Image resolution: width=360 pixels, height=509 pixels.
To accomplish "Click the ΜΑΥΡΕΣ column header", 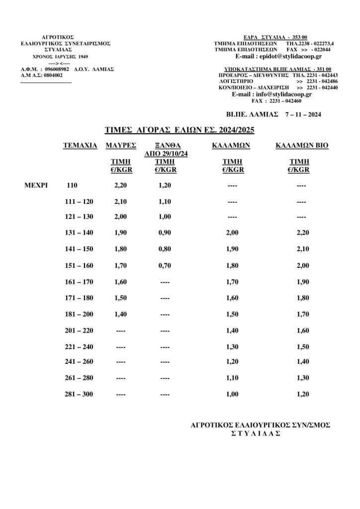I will pos(121,146).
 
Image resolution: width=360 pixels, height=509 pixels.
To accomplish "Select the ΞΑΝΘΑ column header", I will pos(162,146).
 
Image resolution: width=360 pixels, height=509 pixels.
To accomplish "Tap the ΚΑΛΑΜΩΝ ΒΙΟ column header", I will pos(302,146).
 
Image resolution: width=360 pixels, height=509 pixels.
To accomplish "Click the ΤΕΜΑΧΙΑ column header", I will pos(80,146).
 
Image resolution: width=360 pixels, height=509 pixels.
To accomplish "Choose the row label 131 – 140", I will pos(79,232).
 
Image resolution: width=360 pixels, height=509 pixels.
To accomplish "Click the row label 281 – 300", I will pos(79,394).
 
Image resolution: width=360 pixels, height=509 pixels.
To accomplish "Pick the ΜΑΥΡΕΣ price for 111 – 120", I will pos(121,202).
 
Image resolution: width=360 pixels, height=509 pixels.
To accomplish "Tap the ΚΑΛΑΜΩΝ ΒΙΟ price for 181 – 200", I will pos(299,314).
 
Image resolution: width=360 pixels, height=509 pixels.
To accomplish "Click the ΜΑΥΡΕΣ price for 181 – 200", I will pos(121,314).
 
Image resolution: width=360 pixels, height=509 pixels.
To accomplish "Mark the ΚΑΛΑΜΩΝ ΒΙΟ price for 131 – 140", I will pos(299,232).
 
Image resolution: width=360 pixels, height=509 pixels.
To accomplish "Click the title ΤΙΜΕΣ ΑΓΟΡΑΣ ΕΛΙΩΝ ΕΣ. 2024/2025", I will pos(180,130).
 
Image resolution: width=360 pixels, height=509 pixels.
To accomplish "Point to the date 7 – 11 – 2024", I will pos(303,114).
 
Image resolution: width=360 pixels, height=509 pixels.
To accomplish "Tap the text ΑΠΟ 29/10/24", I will pos(162,154).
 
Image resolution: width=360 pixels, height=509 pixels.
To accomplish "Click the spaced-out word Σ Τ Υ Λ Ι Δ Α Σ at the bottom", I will pos(256,433).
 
